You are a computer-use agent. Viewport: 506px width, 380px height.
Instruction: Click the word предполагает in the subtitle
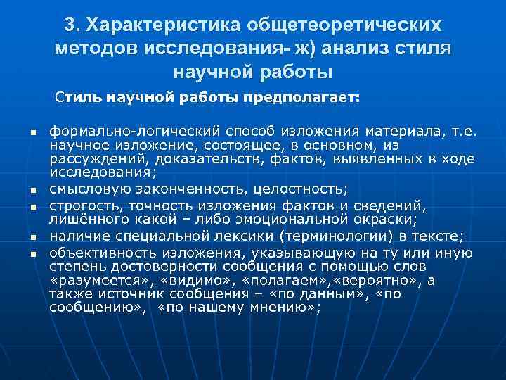point(301,99)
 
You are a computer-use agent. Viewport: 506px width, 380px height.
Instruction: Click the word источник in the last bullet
point(110,293)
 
